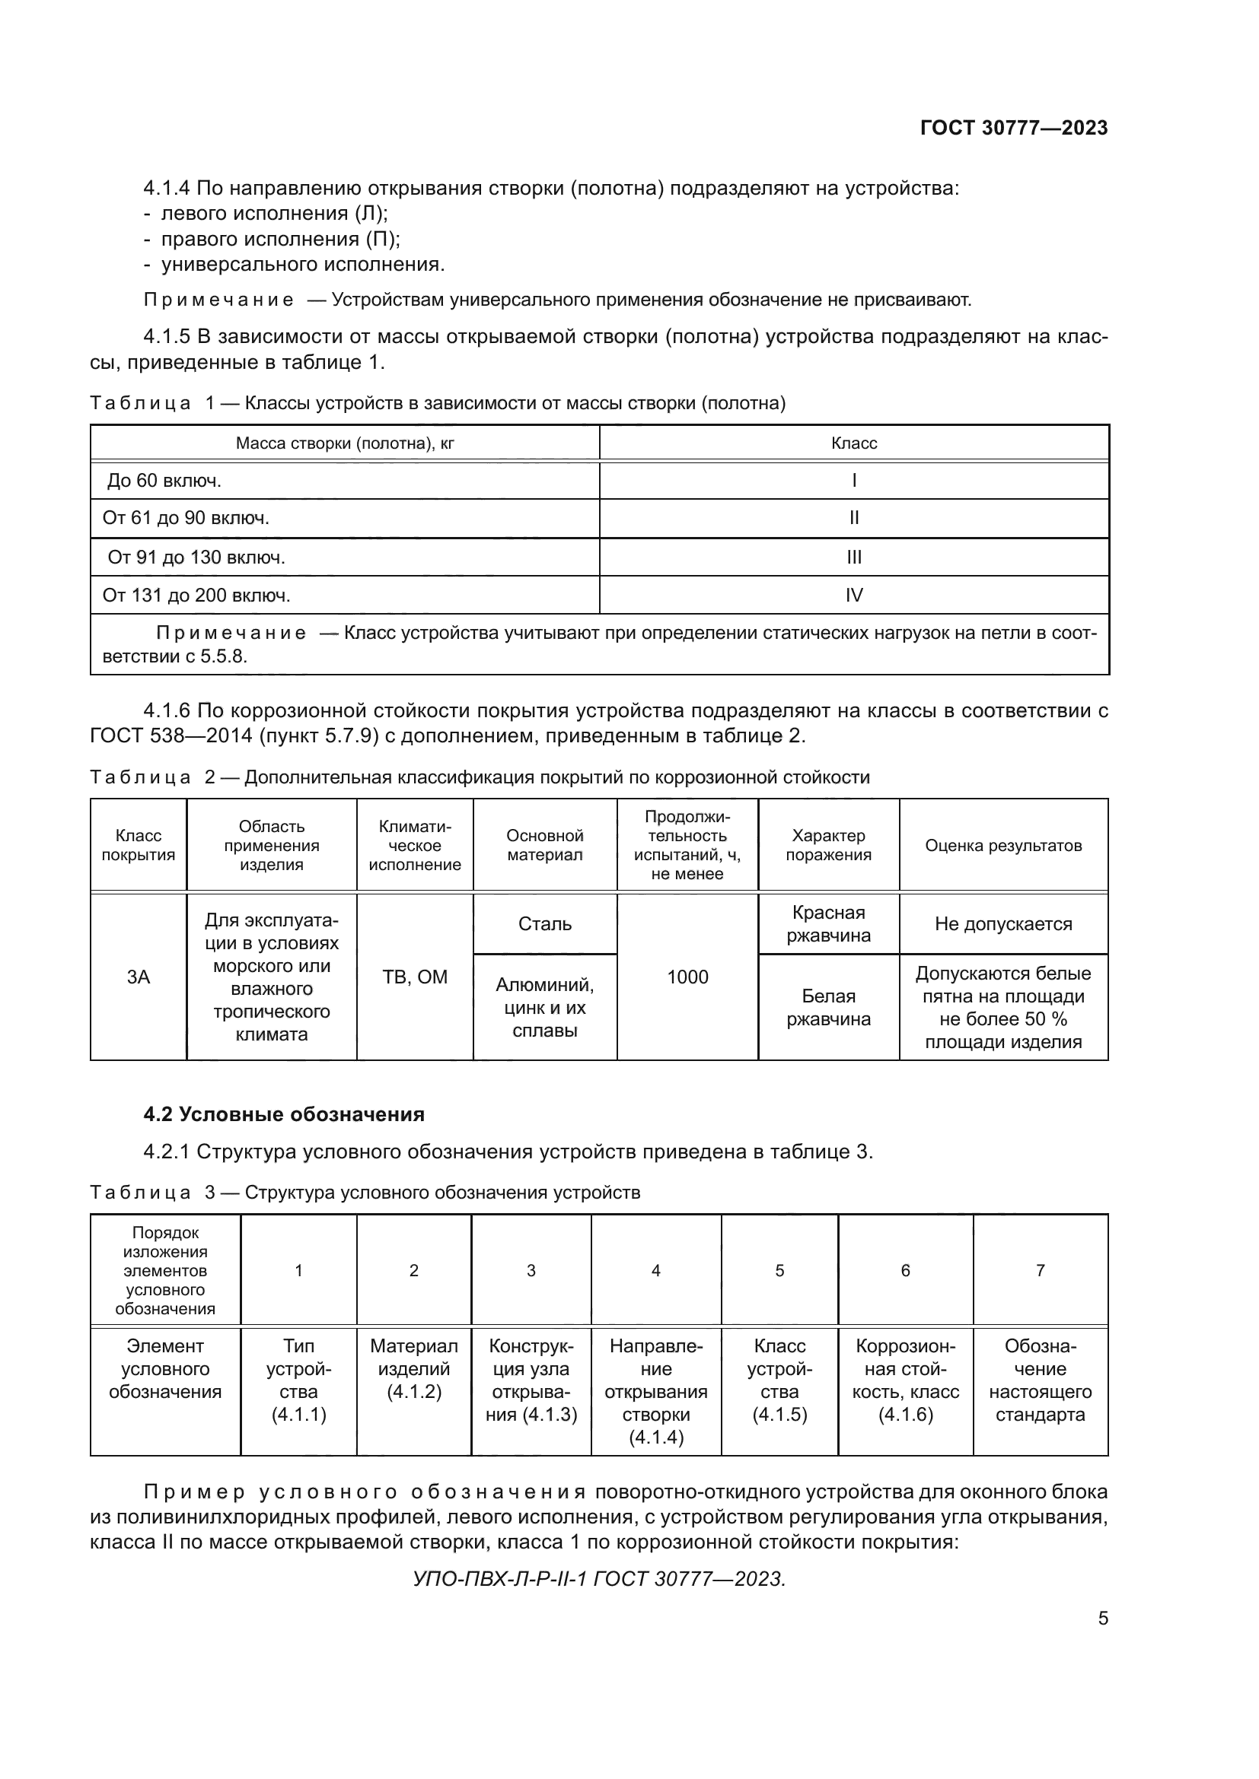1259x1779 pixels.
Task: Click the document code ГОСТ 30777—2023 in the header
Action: [1013, 128]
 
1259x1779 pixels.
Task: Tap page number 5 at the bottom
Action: [1102, 1618]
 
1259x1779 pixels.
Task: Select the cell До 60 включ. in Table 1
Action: [164, 481]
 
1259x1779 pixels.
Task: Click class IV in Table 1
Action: [853, 595]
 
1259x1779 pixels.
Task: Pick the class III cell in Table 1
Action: [853, 557]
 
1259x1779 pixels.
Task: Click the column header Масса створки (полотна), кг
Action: [344, 443]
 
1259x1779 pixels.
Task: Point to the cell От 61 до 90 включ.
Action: [186, 518]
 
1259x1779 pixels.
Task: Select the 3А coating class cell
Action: [138, 977]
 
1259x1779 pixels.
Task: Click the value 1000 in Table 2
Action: [687, 977]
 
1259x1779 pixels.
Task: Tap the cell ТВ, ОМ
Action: [415, 977]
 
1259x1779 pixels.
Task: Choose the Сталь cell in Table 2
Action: [544, 923]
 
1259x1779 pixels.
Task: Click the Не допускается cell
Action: [1003, 923]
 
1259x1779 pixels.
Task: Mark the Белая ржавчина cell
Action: [828, 1007]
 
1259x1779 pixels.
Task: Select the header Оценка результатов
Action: [1003, 845]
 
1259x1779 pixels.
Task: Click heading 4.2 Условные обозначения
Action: [284, 1114]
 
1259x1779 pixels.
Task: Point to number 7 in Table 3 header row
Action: [1040, 1270]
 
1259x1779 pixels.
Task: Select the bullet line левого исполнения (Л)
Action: [274, 213]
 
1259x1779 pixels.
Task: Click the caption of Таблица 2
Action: [480, 777]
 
